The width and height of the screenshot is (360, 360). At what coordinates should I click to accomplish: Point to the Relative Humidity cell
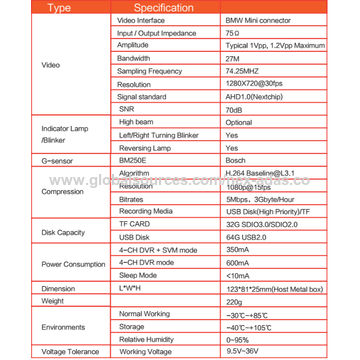pyautogui.click(x=145, y=338)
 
